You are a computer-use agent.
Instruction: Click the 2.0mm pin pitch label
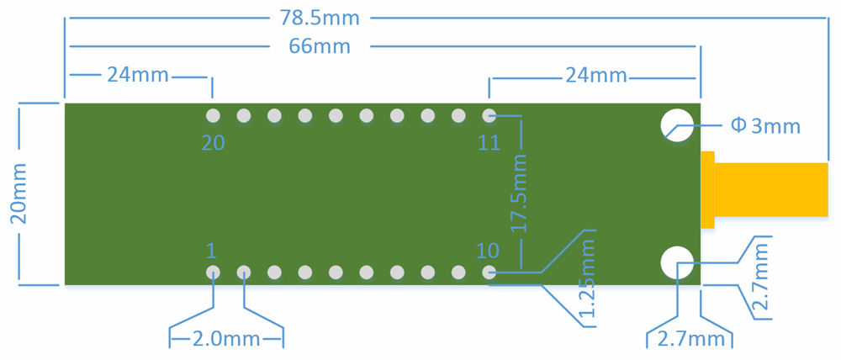(226, 339)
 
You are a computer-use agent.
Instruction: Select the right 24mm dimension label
(595, 75)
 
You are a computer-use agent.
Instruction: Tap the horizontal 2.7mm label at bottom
(690, 339)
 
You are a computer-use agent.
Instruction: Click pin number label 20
(213, 143)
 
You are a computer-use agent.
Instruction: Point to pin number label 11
(489, 143)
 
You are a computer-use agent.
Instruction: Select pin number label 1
(211, 251)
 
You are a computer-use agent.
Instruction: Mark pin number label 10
(487, 251)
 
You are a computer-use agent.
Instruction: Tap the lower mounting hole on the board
(676, 262)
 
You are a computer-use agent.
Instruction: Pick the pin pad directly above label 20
(213, 114)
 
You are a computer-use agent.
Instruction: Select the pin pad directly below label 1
(213, 273)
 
